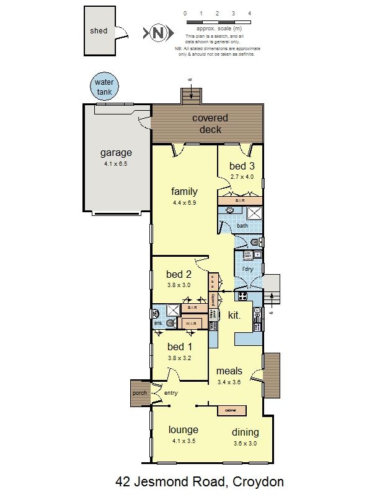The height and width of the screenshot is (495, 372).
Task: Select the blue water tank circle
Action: [x=104, y=86]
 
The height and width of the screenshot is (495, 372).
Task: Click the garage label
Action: [x=116, y=153]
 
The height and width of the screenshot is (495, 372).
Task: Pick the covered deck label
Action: [x=210, y=123]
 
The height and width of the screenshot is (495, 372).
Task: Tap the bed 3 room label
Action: [x=241, y=166]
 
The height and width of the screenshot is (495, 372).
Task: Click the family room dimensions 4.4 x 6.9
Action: [x=185, y=202]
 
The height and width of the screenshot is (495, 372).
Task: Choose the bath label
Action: [x=242, y=226]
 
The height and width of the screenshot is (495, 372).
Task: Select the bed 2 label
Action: [x=179, y=274]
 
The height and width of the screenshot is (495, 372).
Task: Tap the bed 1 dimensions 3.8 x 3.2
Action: [x=180, y=358]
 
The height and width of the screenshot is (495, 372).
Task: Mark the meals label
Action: [x=228, y=371]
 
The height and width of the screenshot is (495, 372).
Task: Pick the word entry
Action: [x=170, y=393]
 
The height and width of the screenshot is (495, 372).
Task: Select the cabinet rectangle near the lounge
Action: [x=231, y=410]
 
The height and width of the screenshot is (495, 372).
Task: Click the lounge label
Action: [x=184, y=430]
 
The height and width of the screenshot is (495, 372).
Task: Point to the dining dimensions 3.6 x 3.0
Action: [x=245, y=443]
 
